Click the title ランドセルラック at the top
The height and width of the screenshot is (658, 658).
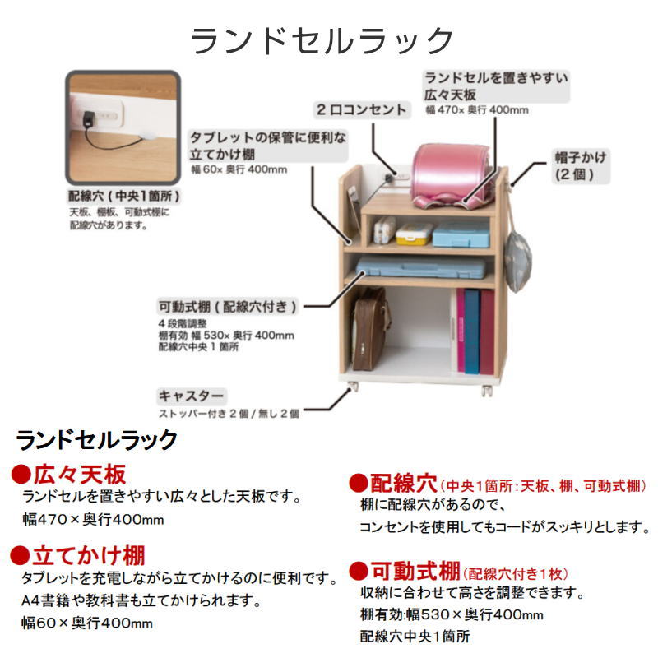(322, 40)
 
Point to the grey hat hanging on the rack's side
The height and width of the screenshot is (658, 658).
(518, 259)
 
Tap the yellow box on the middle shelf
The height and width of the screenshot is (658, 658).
(414, 234)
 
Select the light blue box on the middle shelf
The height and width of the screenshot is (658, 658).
(461, 234)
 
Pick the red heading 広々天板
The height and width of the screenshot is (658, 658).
(79, 475)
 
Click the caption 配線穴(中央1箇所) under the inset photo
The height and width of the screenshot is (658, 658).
(123, 197)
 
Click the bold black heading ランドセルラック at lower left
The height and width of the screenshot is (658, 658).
(97, 440)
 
